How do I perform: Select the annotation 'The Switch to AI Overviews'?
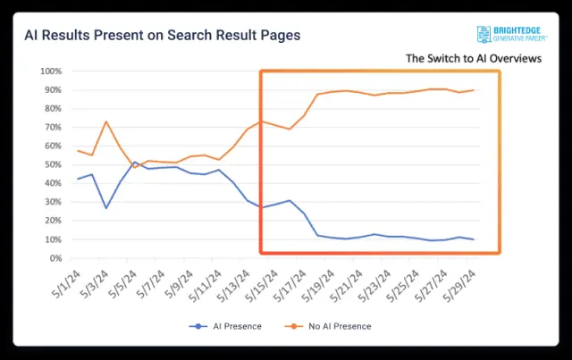point(474,58)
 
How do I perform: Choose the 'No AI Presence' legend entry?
point(337,326)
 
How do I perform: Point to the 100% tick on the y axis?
point(49,71)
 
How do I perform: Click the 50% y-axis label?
point(51,164)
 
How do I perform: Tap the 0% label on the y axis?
point(54,258)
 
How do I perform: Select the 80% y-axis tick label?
point(51,108)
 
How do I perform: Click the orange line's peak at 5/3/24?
point(106,121)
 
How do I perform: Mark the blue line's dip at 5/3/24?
point(106,208)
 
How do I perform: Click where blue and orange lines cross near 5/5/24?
point(131,163)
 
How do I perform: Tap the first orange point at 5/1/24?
point(79,150)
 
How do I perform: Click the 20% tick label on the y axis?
point(51,221)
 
